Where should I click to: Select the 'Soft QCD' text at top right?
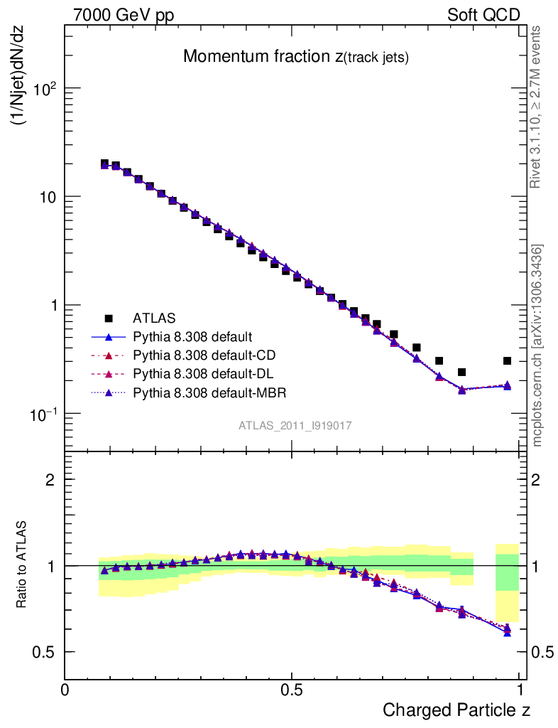pyautogui.click(x=483, y=15)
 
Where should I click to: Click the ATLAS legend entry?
pyautogui.click(x=154, y=318)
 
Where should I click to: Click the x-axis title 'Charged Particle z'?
pyautogui.click(x=456, y=710)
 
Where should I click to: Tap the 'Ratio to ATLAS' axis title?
pyautogui.click(x=22, y=566)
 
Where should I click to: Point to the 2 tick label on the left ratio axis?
pyautogui.click(x=50, y=480)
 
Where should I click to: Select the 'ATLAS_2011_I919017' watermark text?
pyautogui.click(x=295, y=425)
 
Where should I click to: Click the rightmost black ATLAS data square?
pyautogui.click(x=507, y=361)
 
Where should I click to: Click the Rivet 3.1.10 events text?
pyautogui.click(x=536, y=107)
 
